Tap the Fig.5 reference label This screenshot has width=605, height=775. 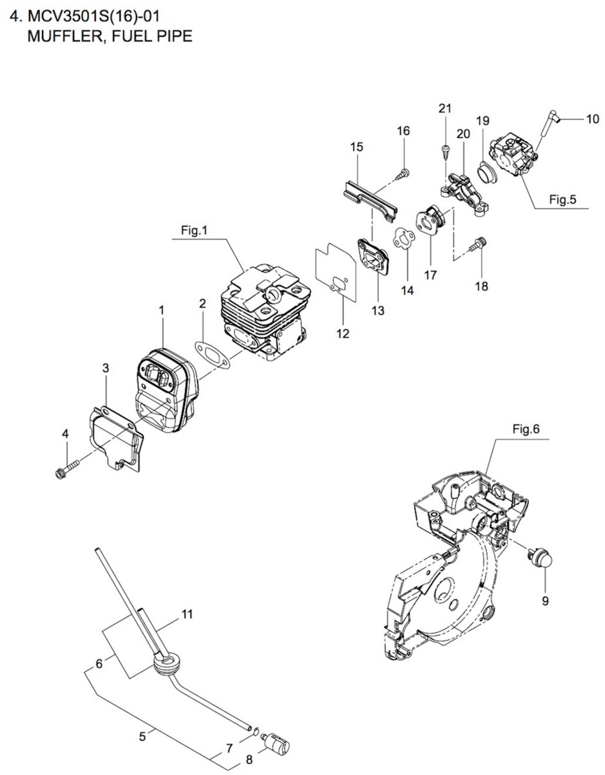[x=563, y=200]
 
